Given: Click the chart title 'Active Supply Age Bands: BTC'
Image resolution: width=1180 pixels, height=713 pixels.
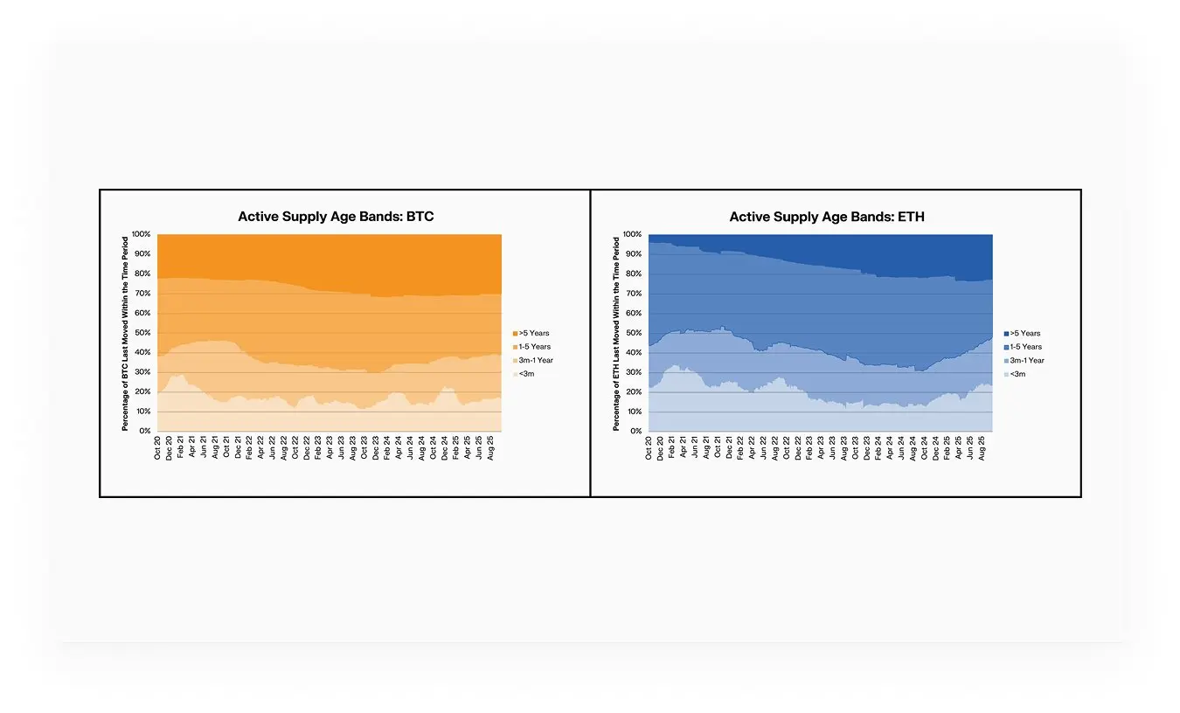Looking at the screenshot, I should coord(336,217).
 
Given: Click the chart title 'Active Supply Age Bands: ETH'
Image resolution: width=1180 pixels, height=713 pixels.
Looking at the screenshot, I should coord(827,217).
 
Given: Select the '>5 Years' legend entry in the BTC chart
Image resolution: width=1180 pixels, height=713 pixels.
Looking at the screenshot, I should coord(534,333).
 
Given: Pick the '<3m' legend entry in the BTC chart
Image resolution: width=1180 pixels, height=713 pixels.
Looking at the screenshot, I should coord(526,374).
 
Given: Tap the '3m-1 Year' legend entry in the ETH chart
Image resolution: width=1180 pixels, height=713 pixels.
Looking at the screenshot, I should coord(1027,360).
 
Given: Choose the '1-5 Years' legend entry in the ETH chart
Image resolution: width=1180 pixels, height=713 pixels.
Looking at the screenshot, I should coord(1025,347).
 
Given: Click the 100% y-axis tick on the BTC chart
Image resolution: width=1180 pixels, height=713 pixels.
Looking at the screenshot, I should coord(142,235).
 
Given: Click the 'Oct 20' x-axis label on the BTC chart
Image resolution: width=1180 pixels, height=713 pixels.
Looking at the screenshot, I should coord(158,448).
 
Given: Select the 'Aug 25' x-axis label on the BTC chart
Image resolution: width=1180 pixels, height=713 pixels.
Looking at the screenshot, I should coord(490,448).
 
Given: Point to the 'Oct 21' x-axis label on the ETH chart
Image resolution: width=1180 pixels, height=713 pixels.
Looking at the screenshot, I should coord(718,448).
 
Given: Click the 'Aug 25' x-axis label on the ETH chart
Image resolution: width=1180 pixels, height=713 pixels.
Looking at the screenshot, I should coord(982,448).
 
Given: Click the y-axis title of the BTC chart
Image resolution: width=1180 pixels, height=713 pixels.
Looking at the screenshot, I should coord(125,333).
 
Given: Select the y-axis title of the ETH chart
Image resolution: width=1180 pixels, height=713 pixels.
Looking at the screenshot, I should coord(616,333).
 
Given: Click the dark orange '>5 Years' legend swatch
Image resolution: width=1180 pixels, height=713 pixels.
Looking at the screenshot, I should coord(515,333).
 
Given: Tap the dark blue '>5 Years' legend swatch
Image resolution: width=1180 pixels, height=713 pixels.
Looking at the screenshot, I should coord(1006,333).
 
